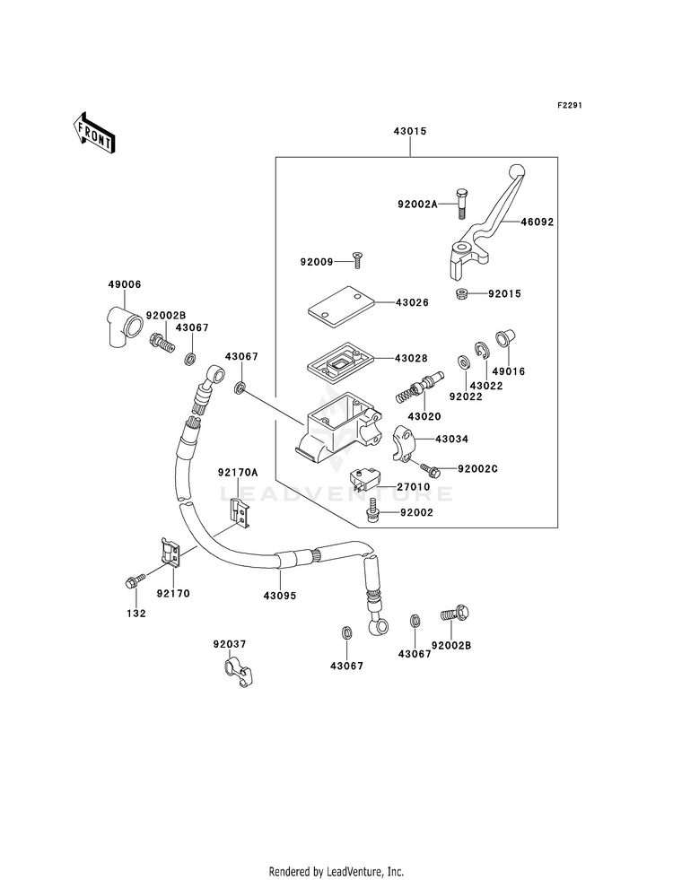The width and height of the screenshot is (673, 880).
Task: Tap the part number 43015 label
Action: click(409, 131)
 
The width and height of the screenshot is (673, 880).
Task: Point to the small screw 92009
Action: click(357, 262)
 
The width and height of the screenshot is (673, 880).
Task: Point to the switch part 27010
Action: click(364, 481)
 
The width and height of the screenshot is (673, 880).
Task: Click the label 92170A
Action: click(237, 472)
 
